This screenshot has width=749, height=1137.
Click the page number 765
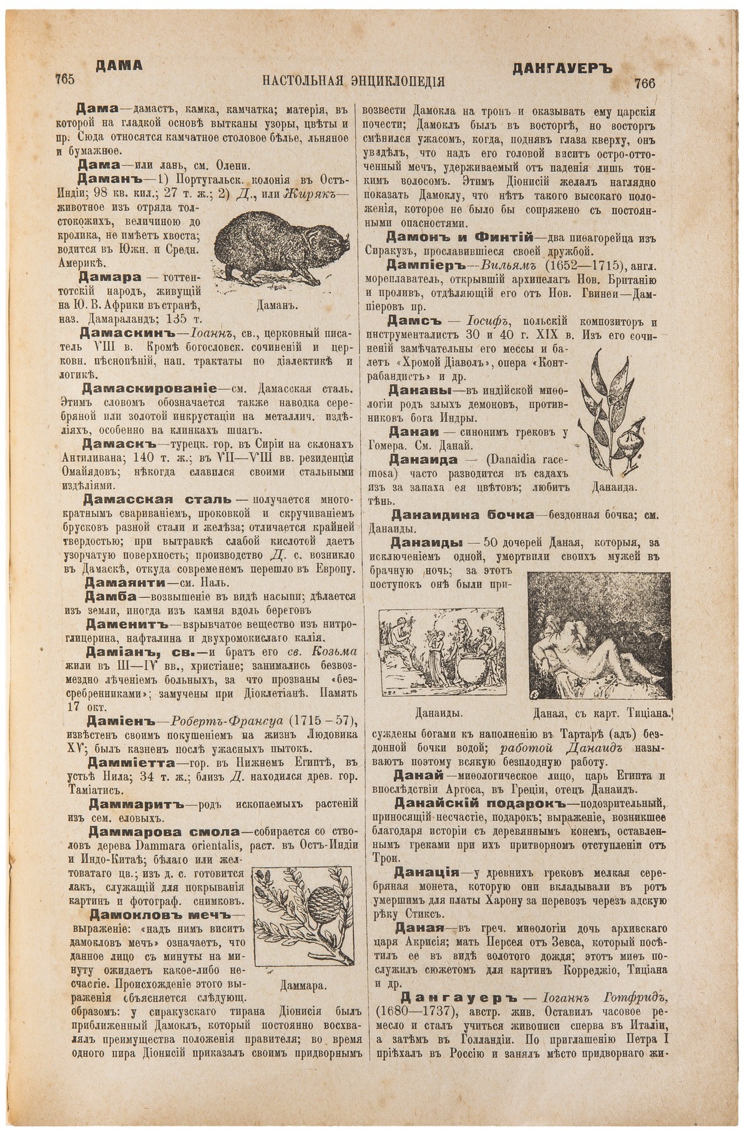65,79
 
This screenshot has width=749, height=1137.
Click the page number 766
644,83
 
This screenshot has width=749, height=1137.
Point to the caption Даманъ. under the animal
275,306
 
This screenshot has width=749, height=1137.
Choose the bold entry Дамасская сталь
157,500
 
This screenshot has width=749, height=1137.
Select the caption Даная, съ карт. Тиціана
602,712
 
